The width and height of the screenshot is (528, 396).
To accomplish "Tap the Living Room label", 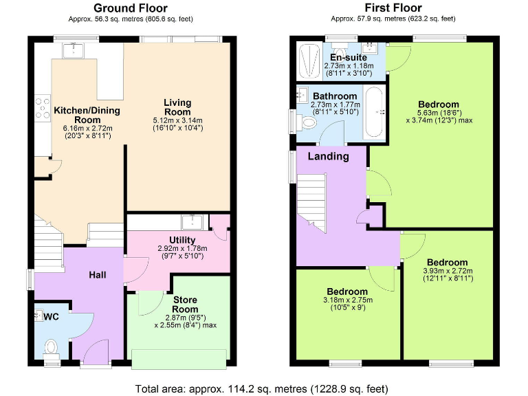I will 177,108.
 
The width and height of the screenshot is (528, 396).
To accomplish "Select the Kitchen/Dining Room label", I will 78,114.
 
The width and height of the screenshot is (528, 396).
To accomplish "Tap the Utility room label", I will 182,240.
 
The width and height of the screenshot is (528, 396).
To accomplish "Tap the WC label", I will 52,317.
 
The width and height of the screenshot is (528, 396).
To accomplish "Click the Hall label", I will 98,275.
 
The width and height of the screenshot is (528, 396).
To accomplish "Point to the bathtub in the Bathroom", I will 375,111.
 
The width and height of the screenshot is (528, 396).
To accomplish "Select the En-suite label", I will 347,57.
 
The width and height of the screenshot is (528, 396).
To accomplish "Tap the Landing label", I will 328,156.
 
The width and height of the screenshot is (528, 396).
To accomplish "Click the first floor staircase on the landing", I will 312,199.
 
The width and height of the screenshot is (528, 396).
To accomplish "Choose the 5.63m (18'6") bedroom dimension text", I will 439,115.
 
